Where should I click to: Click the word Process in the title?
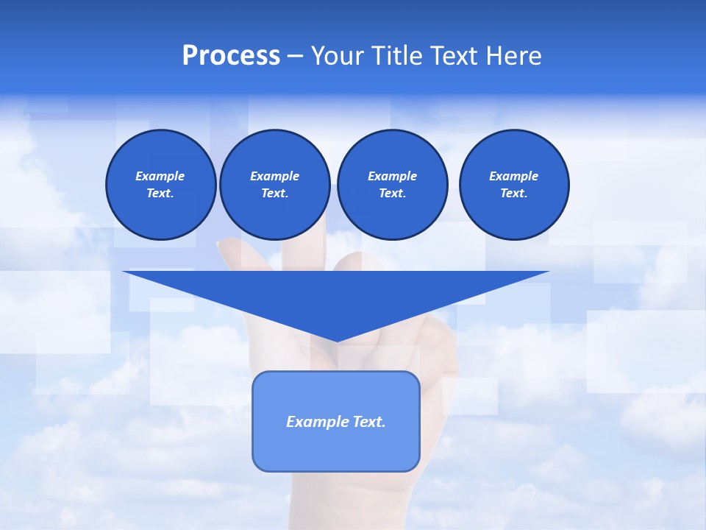(x=231, y=56)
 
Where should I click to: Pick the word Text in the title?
(x=454, y=56)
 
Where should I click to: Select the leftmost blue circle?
(x=160, y=185)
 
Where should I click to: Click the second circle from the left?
(x=274, y=185)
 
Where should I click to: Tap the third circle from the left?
(x=392, y=185)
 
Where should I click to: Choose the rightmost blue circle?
(x=514, y=185)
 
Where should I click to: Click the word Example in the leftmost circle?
(x=160, y=176)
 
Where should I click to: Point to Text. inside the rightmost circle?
(x=514, y=194)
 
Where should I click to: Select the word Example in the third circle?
(x=392, y=176)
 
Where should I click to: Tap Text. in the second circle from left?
(x=274, y=194)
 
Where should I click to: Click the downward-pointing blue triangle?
(x=336, y=294)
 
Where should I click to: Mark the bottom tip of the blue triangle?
(x=336, y=340)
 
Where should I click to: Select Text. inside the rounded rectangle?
(x=368, y=422)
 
